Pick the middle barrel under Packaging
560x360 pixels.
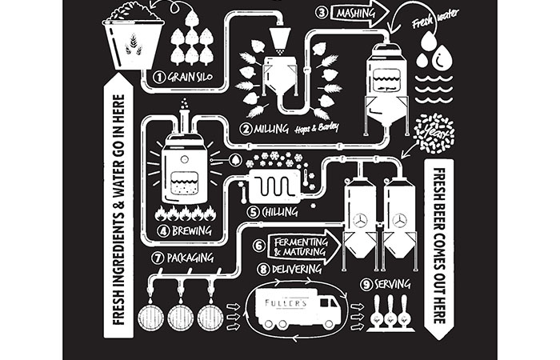[181, 319]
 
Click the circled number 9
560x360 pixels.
[366, 283]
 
